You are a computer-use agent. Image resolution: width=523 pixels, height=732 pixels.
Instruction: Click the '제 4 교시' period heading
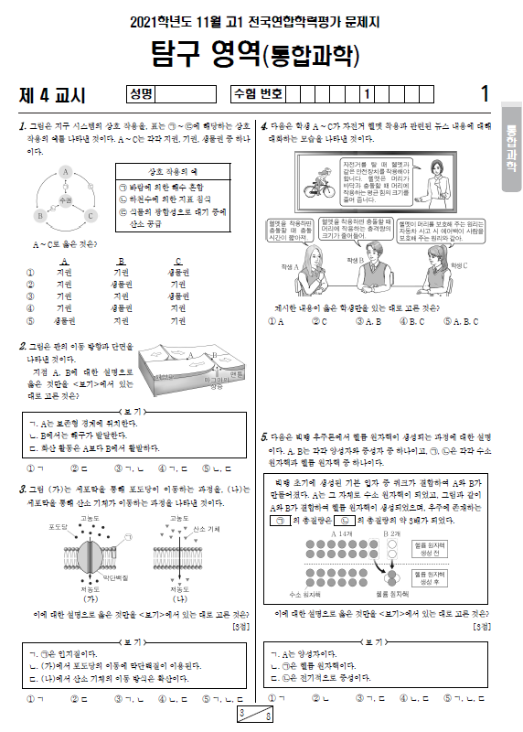pos(52,94)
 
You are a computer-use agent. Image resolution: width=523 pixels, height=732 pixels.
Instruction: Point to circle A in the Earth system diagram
pos(66,172)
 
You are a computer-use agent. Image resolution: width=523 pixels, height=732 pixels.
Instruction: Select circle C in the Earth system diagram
pos(91,216)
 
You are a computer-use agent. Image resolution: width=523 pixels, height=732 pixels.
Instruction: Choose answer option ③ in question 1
pos(31,296)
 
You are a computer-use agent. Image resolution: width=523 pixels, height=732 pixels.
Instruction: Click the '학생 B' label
pos(357,260)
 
